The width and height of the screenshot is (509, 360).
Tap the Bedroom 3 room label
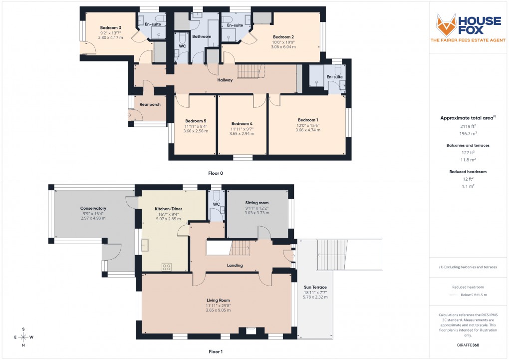click(x=110, y=27)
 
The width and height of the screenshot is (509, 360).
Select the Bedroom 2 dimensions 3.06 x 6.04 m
click(x=283, y=47)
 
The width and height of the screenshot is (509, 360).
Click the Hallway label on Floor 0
click(x=225, y=80)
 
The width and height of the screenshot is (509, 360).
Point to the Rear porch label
click(x=150, y=104)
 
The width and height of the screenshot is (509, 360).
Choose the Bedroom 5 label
click(x=196, y=121)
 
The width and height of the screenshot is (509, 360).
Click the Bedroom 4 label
click(x=242, y=123)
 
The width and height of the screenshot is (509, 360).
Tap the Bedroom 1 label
click(x=308, y=120)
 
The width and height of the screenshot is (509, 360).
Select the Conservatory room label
click(x=93, y=208)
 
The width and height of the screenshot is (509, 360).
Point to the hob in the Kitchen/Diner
click(x=167, y=267)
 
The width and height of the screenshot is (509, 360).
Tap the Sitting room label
click(x=256, y=203)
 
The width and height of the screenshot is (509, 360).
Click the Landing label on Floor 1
click(x=235, y=265)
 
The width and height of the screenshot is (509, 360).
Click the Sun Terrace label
click(x=315, y=287)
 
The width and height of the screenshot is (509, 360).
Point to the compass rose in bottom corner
click(x=23, y=337)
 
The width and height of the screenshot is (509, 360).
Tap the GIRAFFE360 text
click(x=468, y=345)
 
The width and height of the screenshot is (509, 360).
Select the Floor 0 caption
click(x=216, y=173)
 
